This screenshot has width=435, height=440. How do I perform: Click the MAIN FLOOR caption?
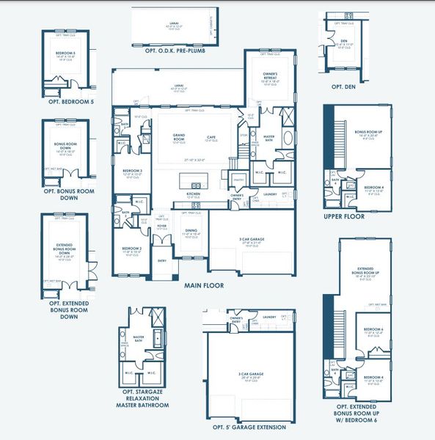coord(204,285)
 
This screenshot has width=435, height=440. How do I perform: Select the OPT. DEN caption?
coord(343,87)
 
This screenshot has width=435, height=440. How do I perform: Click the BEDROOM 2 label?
coord(132,249)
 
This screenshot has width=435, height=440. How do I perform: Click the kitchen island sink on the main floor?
coord(196,185)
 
